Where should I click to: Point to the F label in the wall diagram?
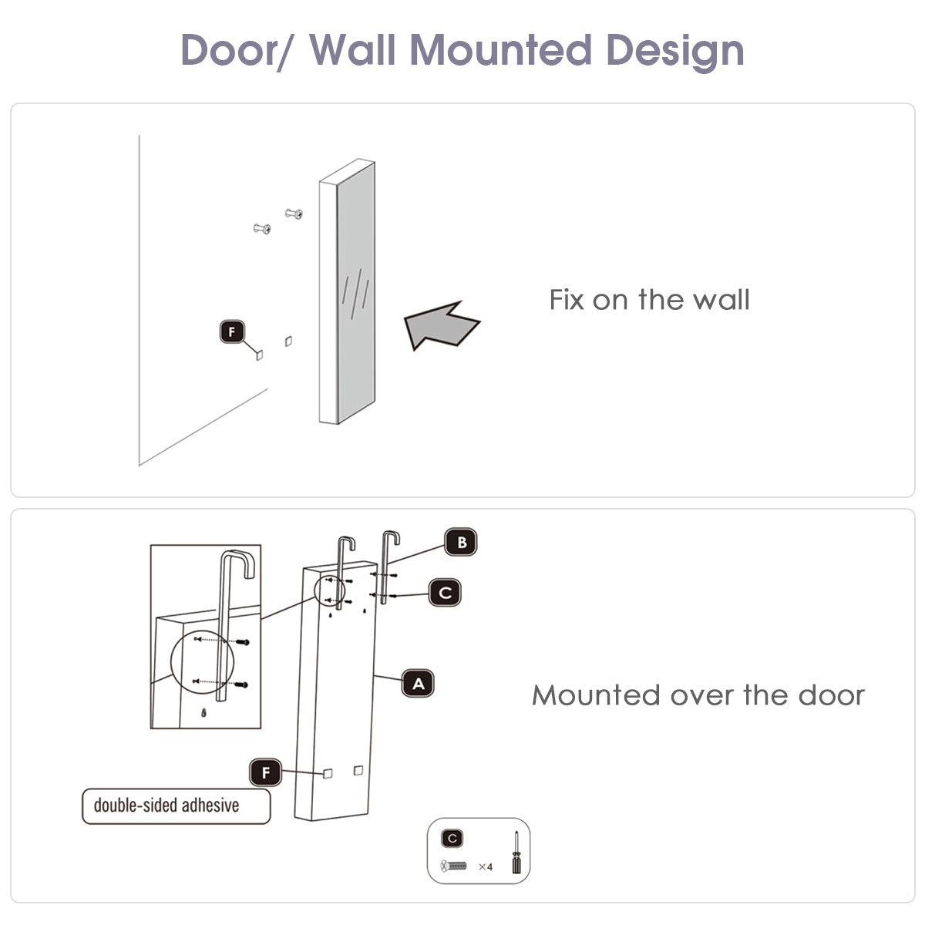click(x=231, y=332)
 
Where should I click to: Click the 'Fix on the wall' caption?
click(x=649, y=300)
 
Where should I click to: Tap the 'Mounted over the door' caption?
click(x=698, y=695)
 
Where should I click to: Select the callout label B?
click(x=461, y=543)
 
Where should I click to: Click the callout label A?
click(x=418, y=684)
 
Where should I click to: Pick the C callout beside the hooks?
click(x=445, y=593)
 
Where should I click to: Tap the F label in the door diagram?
click(x=266, y=772)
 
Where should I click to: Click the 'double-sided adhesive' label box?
click(x=177, y=806)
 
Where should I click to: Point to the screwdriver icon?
click(x=514, y=852)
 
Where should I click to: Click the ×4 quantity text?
click(x=485, y=867)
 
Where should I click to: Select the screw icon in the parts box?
click(x=454, y=867)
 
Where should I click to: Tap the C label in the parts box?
click(x=452, y=838)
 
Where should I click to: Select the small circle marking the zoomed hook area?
click(x=333, y=590)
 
